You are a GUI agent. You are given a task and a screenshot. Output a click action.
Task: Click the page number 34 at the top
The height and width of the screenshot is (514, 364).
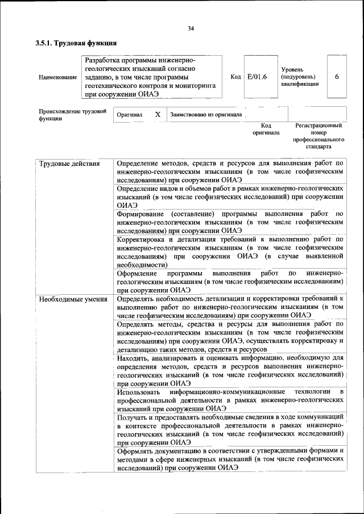(x=191, y=29)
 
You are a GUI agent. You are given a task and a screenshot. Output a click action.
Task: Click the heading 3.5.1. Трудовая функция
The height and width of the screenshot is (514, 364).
(x=76, y=43)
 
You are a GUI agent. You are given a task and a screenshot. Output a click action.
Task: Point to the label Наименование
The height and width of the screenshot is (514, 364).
(x=57, y=77)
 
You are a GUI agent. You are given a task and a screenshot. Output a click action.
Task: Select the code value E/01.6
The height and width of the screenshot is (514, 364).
(x=257, y=77)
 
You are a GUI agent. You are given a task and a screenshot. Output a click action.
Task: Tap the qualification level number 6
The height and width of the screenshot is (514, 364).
(x=337, y=77)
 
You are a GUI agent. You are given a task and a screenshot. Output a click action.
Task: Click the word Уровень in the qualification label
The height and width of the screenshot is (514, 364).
(x=293, y=69)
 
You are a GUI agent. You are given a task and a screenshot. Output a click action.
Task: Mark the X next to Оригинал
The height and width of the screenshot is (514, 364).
(x=158, y=114)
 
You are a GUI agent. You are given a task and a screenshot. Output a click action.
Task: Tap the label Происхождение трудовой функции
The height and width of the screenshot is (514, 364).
(x=72, y=115)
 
